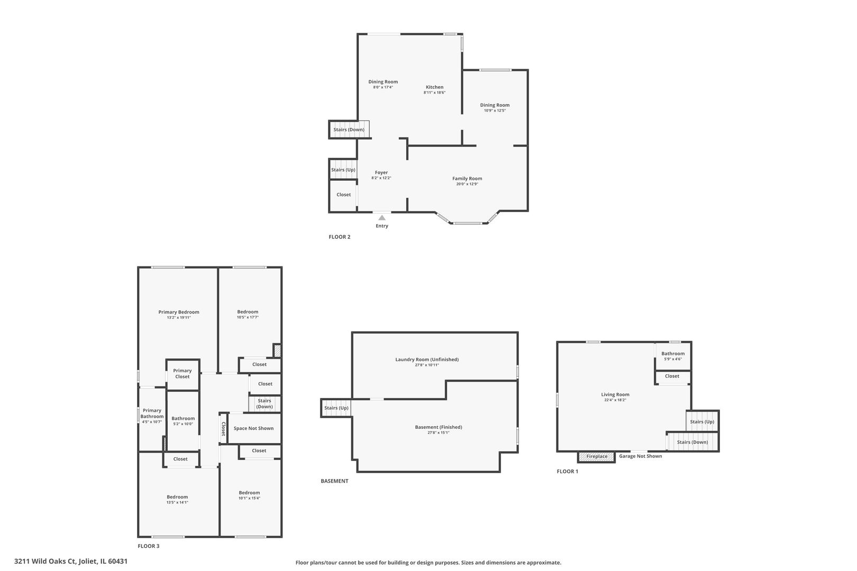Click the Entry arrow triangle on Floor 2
[x=382, y=218]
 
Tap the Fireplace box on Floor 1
[x=596, y=457]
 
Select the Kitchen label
[x=435, y=87]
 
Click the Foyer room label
[x=381, y=172]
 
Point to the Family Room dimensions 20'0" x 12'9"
[x=467, y=184]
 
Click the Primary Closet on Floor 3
[x=183, y=374]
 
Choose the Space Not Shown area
[x=254, y=428]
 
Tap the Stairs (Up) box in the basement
[x=336, y=408]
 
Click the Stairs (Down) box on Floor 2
[x=349, y=130]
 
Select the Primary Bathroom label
[x=152, y=413]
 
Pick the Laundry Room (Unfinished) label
[x=427, y=360]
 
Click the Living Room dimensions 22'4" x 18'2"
[x=615, y=400]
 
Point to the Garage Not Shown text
[x=641, y=456]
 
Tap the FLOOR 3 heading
[x=149, y=546]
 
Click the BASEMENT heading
[x=334, y=481]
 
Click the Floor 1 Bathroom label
[x=673, y=354]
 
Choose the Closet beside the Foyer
[x=343, y=195]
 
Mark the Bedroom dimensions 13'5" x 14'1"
[x=177, y=503]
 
